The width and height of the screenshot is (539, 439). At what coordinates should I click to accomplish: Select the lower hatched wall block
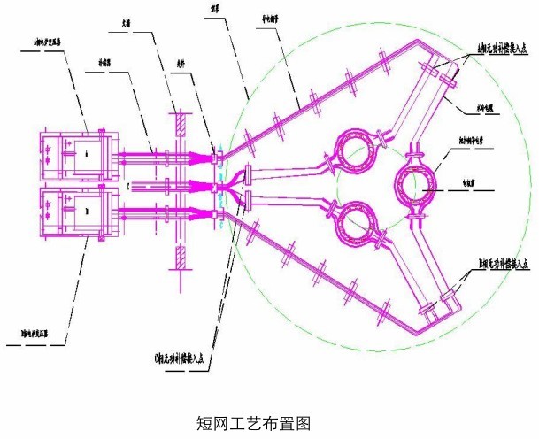click(180, 258)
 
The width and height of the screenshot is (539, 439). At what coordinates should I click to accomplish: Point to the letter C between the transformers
click(129, 185)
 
